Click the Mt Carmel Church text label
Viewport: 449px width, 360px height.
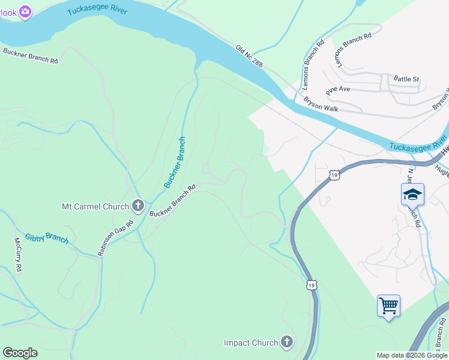pos(95,207)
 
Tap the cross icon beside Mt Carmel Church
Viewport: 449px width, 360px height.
pos(137,206)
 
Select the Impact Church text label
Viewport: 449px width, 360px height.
pos(251,343)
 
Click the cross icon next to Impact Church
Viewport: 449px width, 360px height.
pos(287,342)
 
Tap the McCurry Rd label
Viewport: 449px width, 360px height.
pos(18,255)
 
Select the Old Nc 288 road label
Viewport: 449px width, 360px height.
pos(249,56)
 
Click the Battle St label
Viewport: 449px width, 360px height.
pos(406,79)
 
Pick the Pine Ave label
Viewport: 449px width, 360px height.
pos(337,89)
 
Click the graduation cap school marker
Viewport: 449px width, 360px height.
pos(412,194)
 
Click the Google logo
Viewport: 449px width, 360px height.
pos(20,353)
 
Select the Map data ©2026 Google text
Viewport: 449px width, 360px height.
pos(411,355)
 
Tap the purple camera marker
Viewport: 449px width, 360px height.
pos(25,11)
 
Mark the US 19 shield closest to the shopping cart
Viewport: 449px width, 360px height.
pos(311,284)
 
